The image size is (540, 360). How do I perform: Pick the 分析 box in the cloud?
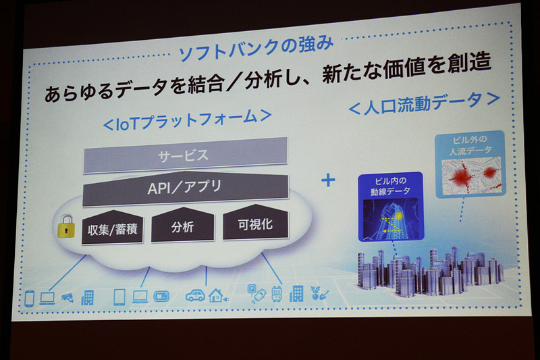coord(182,228)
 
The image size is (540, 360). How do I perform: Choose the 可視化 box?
coord(256,225)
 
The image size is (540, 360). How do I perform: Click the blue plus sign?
coord(328,182)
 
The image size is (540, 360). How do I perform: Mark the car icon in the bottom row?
coord(195,295)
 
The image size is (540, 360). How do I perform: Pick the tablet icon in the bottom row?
coord(119,297)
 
